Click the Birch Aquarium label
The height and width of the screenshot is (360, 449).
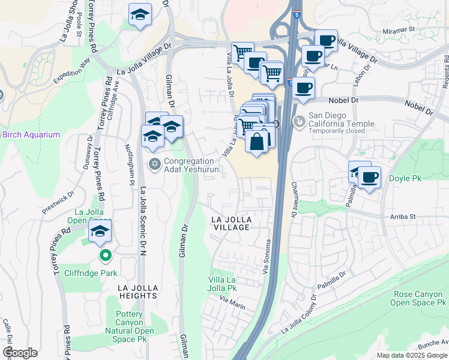coord(31,134)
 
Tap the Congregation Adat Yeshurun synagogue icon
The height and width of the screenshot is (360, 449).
coord(154,164)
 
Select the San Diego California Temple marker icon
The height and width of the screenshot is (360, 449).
coord(298,122)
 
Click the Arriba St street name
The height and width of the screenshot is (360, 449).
coord(402,216)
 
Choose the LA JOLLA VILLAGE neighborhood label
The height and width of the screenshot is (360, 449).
coord(231,224)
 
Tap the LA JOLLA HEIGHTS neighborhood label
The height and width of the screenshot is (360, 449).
coord(130,292)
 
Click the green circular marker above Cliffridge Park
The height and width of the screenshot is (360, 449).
coord(106,256)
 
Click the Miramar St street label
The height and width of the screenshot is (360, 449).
coord(400,29)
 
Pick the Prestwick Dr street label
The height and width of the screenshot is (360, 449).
coord(58,203)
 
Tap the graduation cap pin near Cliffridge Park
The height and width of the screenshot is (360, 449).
coord(100,232)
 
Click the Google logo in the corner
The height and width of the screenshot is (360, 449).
coord(19,353)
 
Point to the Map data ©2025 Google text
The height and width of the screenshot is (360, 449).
coord(411,355)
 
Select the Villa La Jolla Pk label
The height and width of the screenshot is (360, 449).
coord(222,284)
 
